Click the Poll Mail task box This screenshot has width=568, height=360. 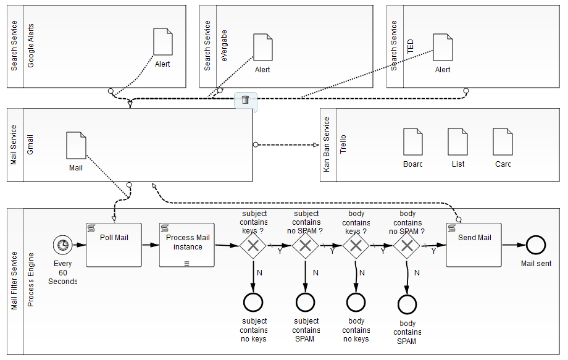pos(114,245)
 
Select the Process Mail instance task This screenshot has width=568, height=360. pos(187,245)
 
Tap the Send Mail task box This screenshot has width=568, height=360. pos(474,245)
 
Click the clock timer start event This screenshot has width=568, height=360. pos(62,245)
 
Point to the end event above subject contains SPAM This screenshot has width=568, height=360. pos(305,302)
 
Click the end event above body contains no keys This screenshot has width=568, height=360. pos(356,302)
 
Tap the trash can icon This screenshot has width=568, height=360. pos(245,100)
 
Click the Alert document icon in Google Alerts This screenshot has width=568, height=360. pos(163,42)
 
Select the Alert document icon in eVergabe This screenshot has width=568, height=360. pos(263,48)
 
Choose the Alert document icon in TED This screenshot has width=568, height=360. pos(443,48)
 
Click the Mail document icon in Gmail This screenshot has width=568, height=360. pos(76,145)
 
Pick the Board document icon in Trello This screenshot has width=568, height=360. pos(413,142)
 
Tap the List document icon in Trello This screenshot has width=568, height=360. pos(457,142)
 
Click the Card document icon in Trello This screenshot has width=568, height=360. pos(503,142)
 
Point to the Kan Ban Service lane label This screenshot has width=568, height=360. pos(327,144)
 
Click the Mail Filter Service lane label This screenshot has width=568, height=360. pos(15,281)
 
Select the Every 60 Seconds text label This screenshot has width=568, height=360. pos(63,272)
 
